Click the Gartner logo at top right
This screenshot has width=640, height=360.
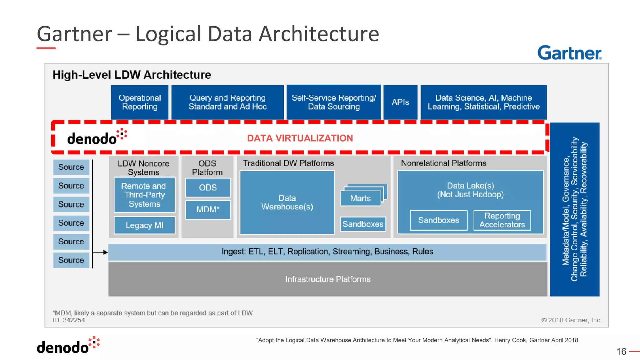[x=569, y=53]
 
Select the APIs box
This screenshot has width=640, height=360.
[x=400, y=102]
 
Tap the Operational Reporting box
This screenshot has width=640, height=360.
[x=140, y=102]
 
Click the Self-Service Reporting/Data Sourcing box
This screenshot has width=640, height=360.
[x=334, y=102]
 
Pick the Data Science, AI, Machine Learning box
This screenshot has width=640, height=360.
[x=483, y=102]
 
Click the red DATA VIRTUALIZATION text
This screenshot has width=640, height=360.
[x=300, y=138]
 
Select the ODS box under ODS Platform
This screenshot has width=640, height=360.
[x=208, y=187]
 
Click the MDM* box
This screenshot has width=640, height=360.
[x=208, y=209]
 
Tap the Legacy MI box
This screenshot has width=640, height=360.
[x=144, y=225]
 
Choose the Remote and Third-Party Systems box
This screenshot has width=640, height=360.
[x=144, y=195]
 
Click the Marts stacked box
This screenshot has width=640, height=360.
[x=361, y=198]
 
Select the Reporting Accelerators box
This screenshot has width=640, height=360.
[x=502, y=220]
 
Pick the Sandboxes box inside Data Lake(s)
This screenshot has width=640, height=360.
[x=438, y=220]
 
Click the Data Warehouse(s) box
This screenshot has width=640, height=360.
[x=287, y=202]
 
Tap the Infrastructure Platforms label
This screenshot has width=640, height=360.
[x=327, y=279]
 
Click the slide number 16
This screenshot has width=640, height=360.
[x=621, y=352]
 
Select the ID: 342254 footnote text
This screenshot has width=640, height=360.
[x=69, y=320]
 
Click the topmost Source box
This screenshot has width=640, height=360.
[x=71, y=167]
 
